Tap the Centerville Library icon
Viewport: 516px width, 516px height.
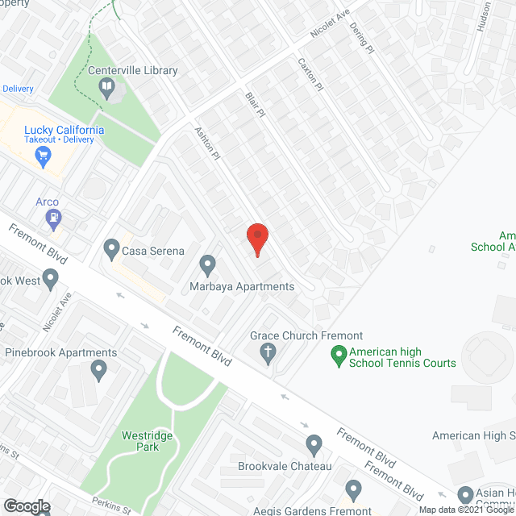[x=106, y=85]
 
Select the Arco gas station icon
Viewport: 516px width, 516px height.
[x=54, y=216]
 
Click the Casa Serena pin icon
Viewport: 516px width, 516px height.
[x=111, y=250]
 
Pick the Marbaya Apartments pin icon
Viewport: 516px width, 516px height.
[x=207, y=264]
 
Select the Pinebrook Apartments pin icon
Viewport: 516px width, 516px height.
[x=99, y=370]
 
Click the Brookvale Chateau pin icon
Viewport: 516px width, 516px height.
[x=314, y=444]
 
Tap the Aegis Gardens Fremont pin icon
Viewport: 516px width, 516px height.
[x=352, y=489]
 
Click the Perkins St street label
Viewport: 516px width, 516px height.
[x=111, y=505]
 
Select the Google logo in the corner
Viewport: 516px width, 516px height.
[x=26, y=506]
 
